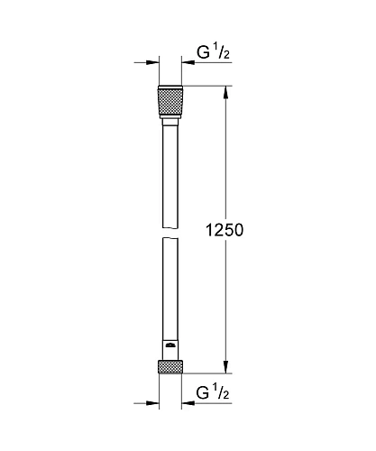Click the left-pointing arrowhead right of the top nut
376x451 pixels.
(188, 62)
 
